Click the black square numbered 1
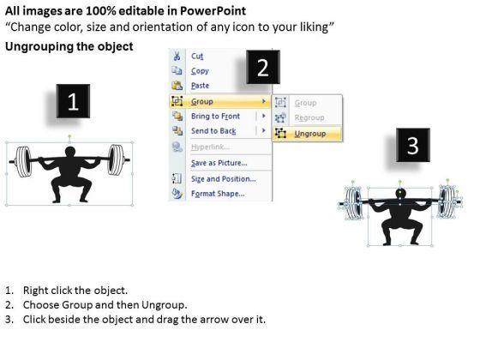pyautogui.click(x=73, y=101)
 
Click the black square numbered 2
pyautogui.click(x=263, y=68)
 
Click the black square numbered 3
pyautogui.click(x=413, y=145)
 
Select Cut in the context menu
pyautogui.click(x=197, y=57)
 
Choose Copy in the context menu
pyautogui.click(x=200, y=71)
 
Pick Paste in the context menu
pyautogui.click(x=201, y=86)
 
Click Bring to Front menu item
pyautogui.click(x=215, y=117)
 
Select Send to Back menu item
pyautogui.click(x=213, y=131)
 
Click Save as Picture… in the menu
pyautogui.click(x=219, y=163)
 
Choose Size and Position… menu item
pyautogui.click(x=224, y=179)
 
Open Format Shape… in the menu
pyautogui.click(x=218, y=194)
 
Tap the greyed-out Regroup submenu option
pyautogui.click(x=309, y=118)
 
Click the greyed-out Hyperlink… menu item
pyautogui.click(x=210, y=147)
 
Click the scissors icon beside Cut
pyautogui.click(x=177, y=57)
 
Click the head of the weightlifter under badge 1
pyautogui.click(x=70, y=152)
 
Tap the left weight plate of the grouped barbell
pyautogui.click(x=24, y=162)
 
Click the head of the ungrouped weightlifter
pyautogui.click(x=400, y=194)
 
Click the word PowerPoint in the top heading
pyautogui.click(x=213, y=11)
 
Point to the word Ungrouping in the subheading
pyautogui.click(x=39, y=47)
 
